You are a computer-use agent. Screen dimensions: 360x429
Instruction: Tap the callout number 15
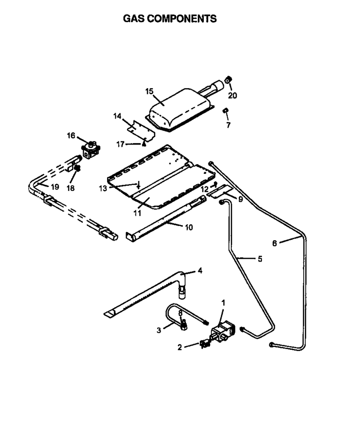pyautogui.click(x=149, y=91)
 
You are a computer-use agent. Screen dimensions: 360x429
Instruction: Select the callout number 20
pyautogui.click(x=233, y=95)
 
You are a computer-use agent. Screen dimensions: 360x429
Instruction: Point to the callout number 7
pyautogui.click(x=228, y=125)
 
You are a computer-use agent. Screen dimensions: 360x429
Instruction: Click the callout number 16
pyautogui.click(x=71, y=135)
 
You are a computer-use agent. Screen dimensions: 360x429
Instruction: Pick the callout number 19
pyautogui.click(x=55, y=187)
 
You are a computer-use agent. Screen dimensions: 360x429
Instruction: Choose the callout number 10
pyautogui.click(x=189, y=227)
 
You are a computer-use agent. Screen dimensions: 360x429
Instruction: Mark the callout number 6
pyautogui.click(x=274, y=243)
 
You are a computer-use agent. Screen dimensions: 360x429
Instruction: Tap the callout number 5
pyautogui.click(x=260, y=258)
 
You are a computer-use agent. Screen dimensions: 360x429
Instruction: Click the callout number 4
pyautogui.click(x=200, y=271)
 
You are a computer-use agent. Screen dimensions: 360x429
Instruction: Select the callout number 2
pyautogui.click(x=180, y=347)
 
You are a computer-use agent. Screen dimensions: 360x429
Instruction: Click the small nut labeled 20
pyautogui.click(x=228, y=80)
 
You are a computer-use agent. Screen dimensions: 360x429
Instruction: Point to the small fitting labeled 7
pyautogui.click(x=225, y=111)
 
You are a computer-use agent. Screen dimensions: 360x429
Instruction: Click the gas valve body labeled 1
pyautogui.click(x=223, y=331)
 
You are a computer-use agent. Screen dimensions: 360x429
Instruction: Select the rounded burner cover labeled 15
pyautogui.click(x=180, y=109)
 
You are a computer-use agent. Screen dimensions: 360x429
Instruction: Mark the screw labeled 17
pyautogui.click(x=144, y=144)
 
